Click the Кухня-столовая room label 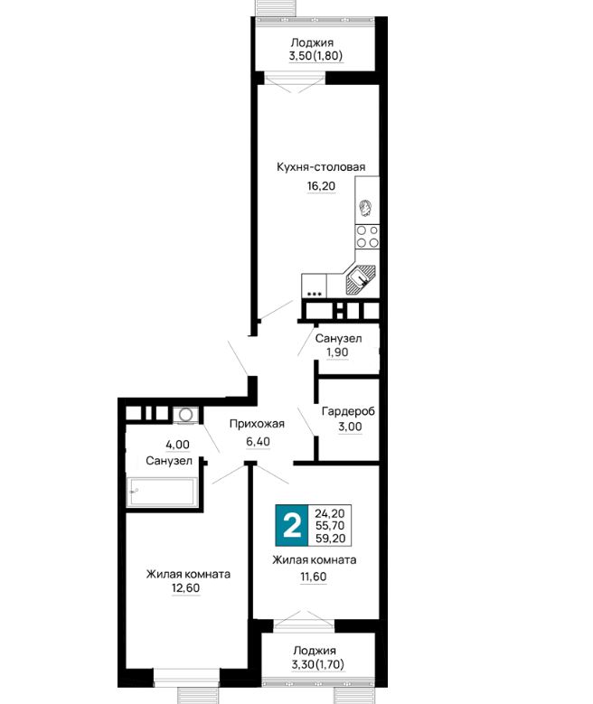pyautogui.click(x=321, y=167)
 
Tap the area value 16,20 pyautogui.click(x=321, y=185)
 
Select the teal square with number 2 pyautogui.click(x=292, y=525)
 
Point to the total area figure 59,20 pyautogui.click(x=330, y=539)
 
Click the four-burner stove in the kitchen pyautogui.click(x=367, y=237)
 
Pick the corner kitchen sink pyautogui.click(x=360, y=280)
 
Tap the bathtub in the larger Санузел pyautogui.click(x=162, y=493)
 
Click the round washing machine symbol pyautogui.click(x=185, y=415)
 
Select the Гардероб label pyautogui.click(x=348, y=411)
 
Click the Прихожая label pyautogui.click(x=257, y=424)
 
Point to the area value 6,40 pyautogui.click(x=258, y=442)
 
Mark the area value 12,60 pyautogui.click(x=185, y=588)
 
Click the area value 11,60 pyautogui.click(x=313, y=577)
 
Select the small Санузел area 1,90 pyautogui.click(x=337, y=352)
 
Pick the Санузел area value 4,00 pyautogui.click(x=177, y=445)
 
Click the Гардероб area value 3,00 pyautogui.click(x=350, y=427)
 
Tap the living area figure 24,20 pyautogui.click(x=330, y=513)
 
